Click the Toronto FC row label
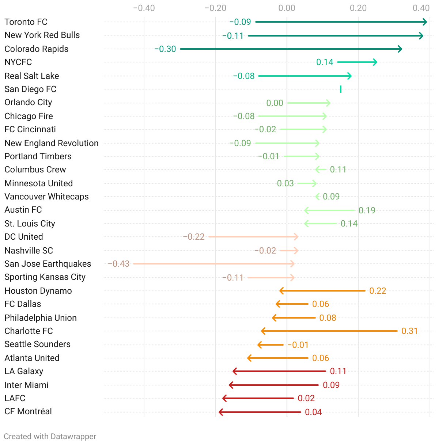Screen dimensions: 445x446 pyautogui.click(x=26, y=22)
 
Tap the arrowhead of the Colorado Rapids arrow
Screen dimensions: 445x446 pyautogui.click(x=401, y=49)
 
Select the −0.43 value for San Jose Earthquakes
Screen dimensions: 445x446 pyautogui.click(x=119, y=264)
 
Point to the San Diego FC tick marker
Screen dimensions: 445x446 pyautogui.click(x=341, y=89)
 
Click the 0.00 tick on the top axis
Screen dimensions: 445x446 pyautogui.click(x=287, y=8)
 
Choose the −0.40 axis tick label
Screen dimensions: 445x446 pyautogui.click(x=144, y=8)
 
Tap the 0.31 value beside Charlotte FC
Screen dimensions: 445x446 pyautogui.click(x=409, y=331)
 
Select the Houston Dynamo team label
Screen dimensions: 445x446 pyautogui.click(x=38, y=291)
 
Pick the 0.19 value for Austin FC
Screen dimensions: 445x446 pyautogui.click(x=367, y=210)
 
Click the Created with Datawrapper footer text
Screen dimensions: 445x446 pyautogui.click(x=50, y=437)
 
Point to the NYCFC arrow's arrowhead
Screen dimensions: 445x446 pyautogui.click(x=375, y=62)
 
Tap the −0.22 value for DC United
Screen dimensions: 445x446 pyautogui.click(x=194, y=237)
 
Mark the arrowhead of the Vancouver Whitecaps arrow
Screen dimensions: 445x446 pyautogui.click(x=317, y=197)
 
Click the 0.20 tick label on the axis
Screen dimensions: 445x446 pyautogui.click(x=358, y=8)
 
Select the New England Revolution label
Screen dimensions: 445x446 pyautogui.click(x=52, y=143)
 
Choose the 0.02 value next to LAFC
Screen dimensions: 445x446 pyautogui.click(x=306, y=398)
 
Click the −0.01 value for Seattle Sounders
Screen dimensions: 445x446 pyautogui.click(x=298, y=345)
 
